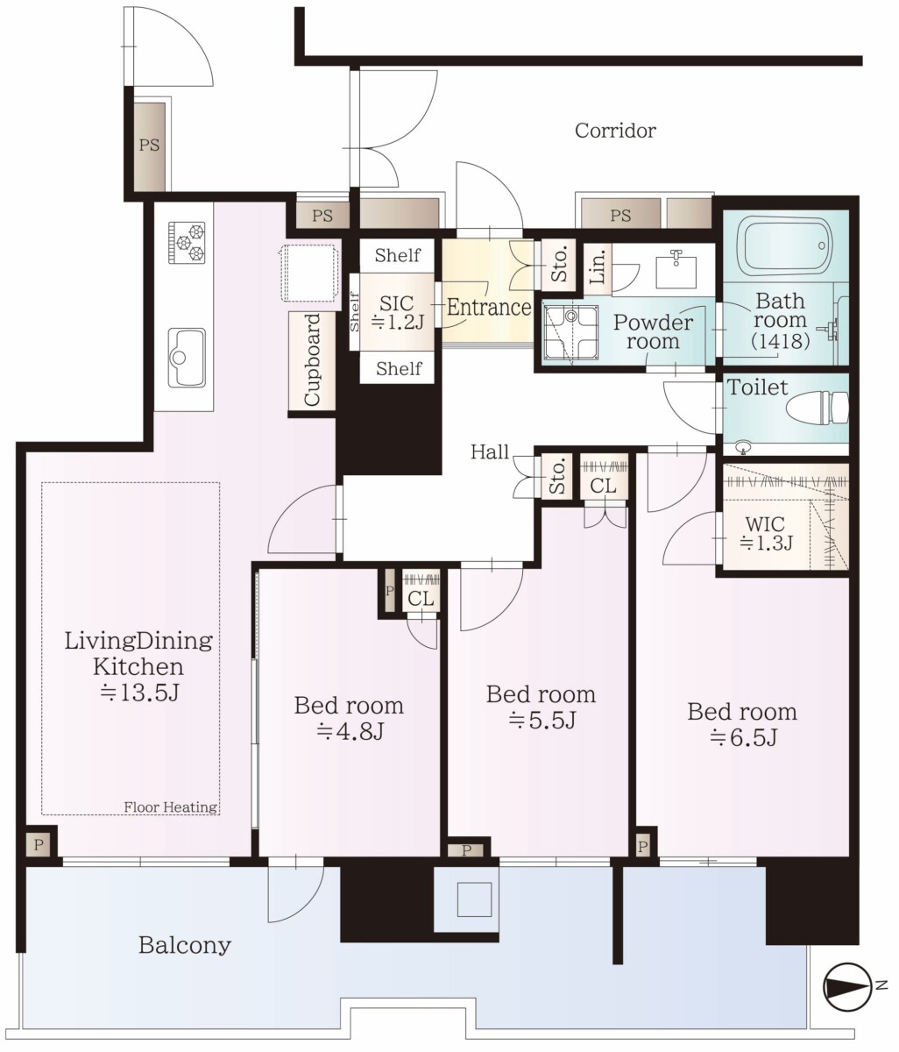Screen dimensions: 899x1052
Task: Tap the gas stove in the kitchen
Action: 187,242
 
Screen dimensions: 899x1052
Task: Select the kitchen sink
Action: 187,358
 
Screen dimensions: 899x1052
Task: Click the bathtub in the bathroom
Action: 787,245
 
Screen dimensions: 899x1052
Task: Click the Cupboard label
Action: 312,359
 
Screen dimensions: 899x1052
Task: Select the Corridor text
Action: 615,131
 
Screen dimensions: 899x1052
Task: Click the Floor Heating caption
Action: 171,807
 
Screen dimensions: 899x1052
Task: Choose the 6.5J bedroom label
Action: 742,725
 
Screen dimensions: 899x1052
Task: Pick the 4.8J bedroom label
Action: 349,718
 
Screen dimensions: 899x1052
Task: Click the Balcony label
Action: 185,946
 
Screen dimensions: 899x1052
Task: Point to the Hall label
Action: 490,452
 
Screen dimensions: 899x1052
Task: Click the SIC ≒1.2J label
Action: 397,312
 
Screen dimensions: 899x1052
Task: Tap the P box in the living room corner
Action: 39,845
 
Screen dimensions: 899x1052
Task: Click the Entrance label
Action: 489,308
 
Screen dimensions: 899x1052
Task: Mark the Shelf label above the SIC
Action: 397,255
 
